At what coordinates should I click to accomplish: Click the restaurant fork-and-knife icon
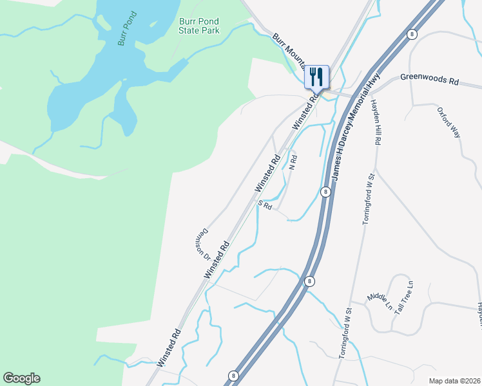(x=316, y=77)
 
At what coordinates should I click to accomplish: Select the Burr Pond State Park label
(x=199, y=26)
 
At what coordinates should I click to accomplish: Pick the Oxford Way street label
(x=449, y=122)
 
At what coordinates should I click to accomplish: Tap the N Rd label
(x=293, y=162)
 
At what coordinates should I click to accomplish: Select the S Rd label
(x=265, y=206)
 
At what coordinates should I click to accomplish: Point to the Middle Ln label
(x=378, y=297)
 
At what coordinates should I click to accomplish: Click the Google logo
(x=21, y=378)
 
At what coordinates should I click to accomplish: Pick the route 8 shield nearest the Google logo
(x=233, y=375)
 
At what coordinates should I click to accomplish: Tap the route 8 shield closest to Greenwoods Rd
(x=411, y=34)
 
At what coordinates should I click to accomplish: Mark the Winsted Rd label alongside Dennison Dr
(x=217, y=259)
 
